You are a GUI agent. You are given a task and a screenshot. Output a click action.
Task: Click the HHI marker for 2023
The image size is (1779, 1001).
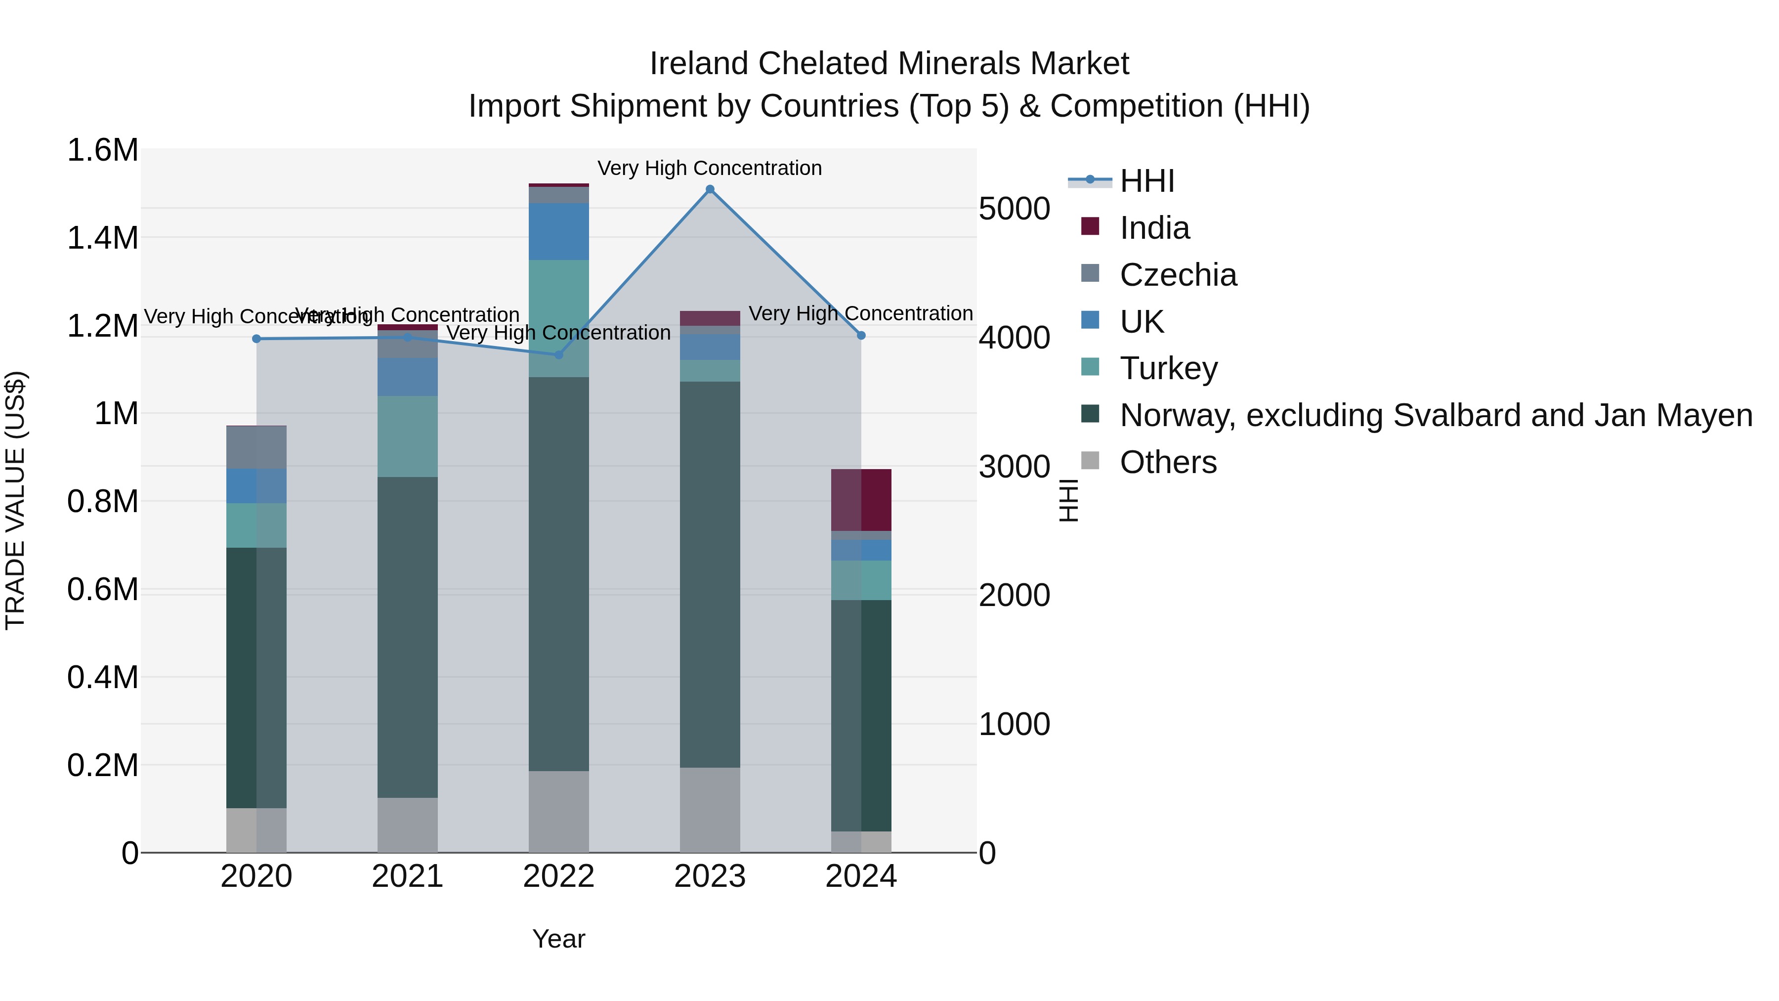pos(710,189)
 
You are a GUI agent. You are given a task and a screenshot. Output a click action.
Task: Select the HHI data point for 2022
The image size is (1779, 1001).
pos(559,355)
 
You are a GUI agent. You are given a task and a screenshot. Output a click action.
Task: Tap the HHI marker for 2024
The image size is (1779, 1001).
pos(861,336)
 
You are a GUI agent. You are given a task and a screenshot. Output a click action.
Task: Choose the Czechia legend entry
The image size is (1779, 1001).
pos(1178,275)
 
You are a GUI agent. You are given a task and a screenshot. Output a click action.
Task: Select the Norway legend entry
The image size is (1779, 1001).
pos(1435,415)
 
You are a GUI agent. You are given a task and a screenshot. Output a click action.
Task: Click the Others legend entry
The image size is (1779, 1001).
pos(1167,462)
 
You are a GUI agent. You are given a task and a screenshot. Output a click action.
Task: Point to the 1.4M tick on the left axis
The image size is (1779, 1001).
pos(102,238)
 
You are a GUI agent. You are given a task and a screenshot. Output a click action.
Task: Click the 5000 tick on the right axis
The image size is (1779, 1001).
pos(1014,209)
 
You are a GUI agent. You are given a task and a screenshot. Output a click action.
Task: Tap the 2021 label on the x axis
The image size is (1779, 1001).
pos(408,876)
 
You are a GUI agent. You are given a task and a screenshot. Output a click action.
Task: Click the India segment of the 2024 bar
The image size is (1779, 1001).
pos(861,500)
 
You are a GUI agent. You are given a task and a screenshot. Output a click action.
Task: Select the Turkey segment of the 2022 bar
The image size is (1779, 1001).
pos(559,318)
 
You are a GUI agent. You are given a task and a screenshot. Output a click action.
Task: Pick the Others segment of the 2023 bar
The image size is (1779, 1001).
pos(710,810)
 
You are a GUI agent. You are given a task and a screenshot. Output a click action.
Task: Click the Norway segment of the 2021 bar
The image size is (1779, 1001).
pos(408,637)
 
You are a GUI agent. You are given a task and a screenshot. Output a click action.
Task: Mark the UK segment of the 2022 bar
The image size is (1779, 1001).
pos(559,231)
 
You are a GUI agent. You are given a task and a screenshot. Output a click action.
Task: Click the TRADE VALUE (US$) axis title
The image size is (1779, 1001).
pos(15,500)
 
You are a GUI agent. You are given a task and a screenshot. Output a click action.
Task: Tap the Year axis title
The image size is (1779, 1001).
pos(559,939)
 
